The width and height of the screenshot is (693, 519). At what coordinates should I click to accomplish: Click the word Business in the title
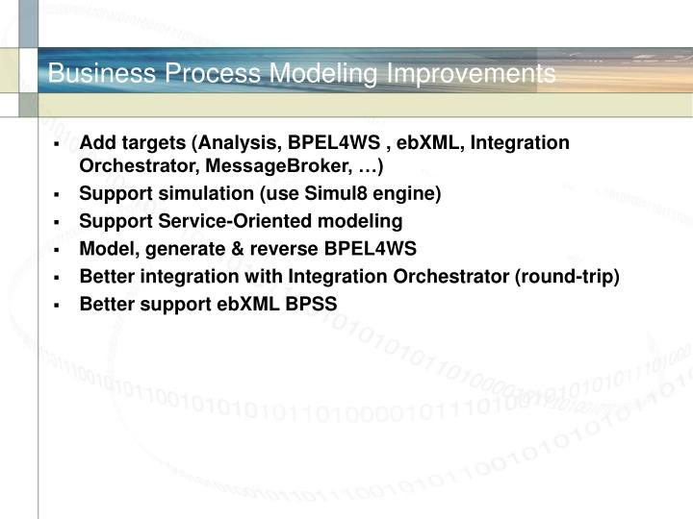pyautogui.click(x=91, y=73)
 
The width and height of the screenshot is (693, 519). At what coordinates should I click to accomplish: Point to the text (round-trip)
pyautogui.click(x=568, y=277)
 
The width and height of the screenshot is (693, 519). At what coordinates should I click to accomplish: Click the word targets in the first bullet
pyautogui.click(x=152, y=143)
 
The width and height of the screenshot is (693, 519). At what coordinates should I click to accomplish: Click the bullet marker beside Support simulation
pyautogui.click(x=58, y=195)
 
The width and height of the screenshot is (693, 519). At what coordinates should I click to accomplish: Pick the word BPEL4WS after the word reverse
pyautogui.click(x=370, y=249)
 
